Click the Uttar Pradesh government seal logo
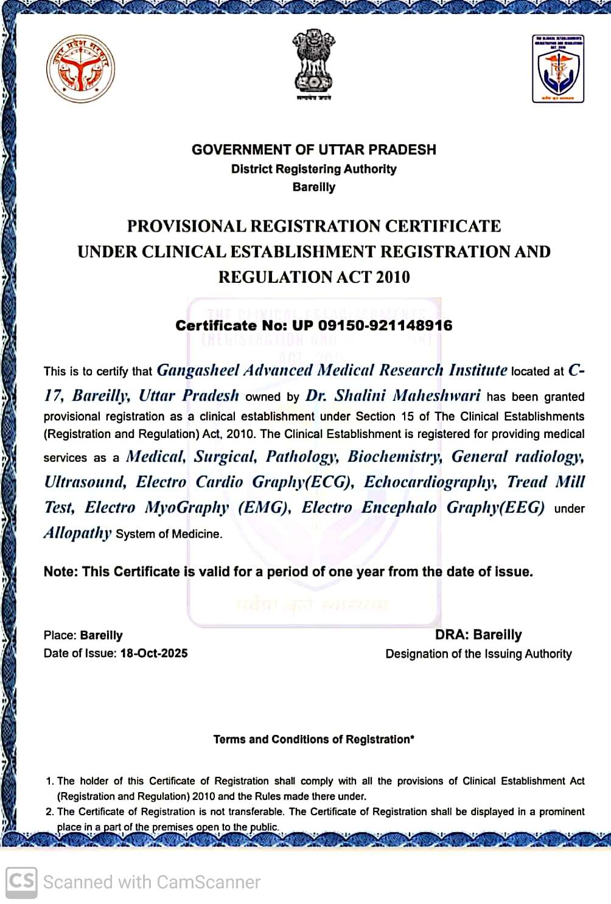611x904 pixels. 81,68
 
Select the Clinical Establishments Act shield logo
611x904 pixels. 557,68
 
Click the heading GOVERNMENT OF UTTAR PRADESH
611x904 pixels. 313,150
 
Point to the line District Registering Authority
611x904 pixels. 313,169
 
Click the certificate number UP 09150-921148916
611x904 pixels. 372,325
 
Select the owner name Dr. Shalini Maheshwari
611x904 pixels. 393,395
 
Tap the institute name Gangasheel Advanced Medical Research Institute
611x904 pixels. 332,370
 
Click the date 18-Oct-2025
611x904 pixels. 154,653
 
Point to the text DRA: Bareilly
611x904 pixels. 478,635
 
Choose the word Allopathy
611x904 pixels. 77,533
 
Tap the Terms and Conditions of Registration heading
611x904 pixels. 313,740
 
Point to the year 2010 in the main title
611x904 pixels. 393,277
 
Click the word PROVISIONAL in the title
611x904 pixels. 186,226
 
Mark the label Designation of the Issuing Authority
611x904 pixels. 478,654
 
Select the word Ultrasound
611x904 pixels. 85,482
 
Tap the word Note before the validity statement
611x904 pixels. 60,572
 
